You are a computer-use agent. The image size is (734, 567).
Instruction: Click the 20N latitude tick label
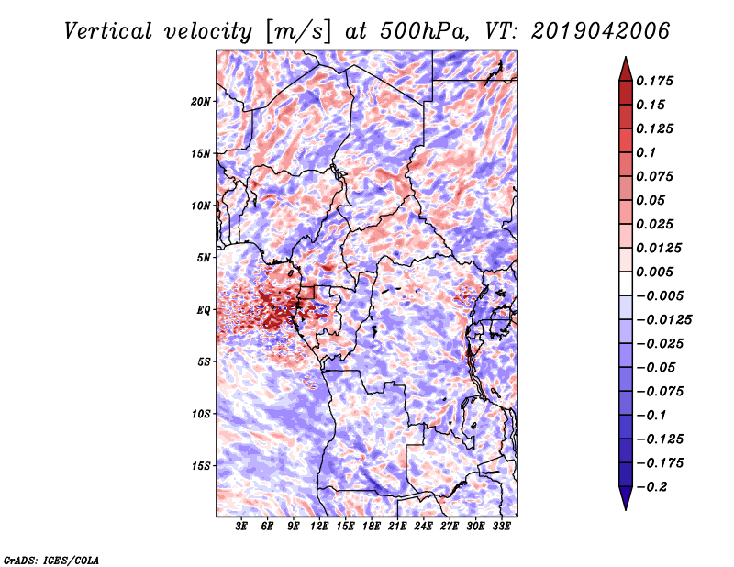(201, 102)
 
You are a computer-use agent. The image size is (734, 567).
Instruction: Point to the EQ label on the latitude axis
(204, 310)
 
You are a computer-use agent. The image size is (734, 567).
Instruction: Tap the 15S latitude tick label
(201, 466)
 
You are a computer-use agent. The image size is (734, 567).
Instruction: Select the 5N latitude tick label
(204, 258)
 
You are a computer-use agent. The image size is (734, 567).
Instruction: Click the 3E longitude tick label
(241, 527)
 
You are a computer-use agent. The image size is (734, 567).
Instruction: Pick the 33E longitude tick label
(501, 527)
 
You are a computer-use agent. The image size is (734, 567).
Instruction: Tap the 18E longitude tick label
(372, 527)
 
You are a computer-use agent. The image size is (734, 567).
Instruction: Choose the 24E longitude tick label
(423, 527)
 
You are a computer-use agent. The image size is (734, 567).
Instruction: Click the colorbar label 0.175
(654, 81)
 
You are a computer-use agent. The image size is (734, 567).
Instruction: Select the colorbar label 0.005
(654, 272)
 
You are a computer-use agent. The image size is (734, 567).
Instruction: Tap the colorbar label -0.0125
(663, 320)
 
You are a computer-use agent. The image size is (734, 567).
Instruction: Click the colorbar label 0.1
(646, 152)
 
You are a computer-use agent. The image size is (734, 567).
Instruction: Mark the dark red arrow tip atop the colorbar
(626, 58)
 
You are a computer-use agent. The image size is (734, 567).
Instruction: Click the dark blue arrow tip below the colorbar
(626, 508)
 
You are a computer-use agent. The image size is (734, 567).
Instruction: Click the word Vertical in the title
(108, 31)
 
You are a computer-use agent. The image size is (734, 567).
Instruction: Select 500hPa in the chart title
(423, 31)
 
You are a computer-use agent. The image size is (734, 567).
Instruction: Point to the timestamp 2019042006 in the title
(601, 31)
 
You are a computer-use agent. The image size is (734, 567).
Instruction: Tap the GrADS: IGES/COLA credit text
(51, 560)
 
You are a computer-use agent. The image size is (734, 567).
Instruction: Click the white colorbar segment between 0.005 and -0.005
(626, 283)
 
